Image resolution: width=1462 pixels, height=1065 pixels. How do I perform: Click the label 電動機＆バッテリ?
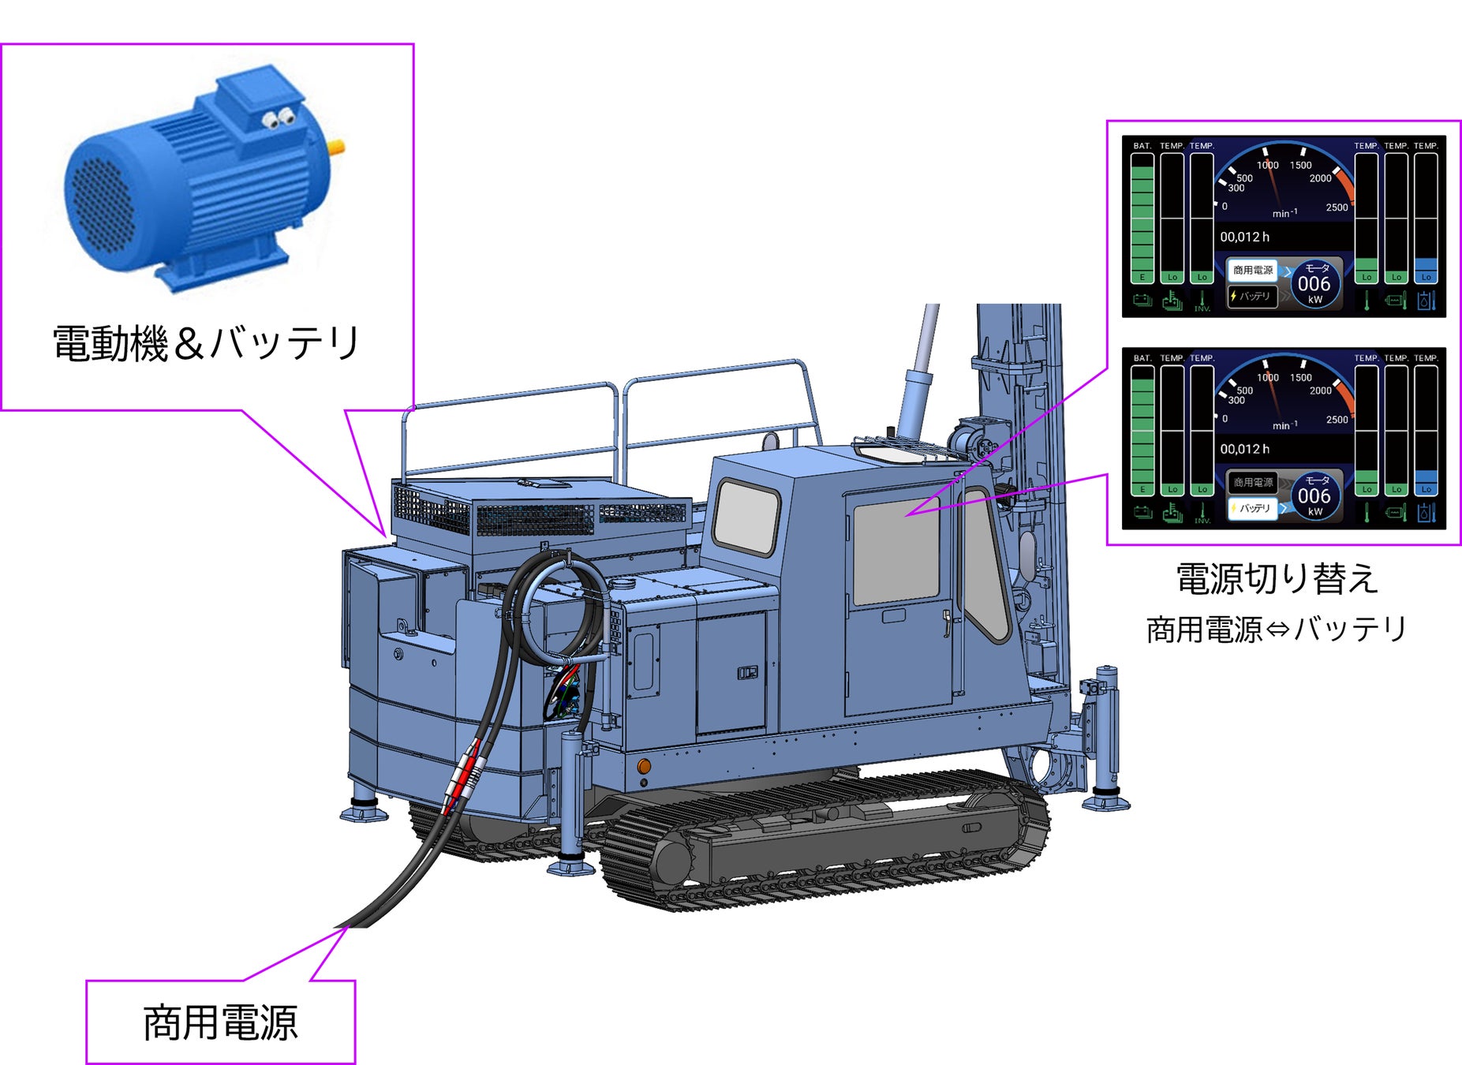[207, 343]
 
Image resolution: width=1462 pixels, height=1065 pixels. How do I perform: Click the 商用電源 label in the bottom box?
[220, 1022]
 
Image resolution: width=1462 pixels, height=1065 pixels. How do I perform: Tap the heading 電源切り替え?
[1276, 578]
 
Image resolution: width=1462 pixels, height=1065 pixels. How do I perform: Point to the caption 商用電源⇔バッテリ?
[1276, 630]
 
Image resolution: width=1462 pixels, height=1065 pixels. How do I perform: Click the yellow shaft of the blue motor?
[337, 146]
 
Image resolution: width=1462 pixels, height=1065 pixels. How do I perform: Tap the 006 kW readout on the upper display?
[1314, 285]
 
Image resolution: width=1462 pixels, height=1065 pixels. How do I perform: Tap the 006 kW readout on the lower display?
[1314, 497]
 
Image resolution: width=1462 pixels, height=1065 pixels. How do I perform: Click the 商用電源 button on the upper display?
[1253, 271]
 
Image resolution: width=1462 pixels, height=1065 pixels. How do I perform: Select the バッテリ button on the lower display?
[1253, 508]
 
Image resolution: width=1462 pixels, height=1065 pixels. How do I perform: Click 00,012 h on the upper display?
[1245, 237]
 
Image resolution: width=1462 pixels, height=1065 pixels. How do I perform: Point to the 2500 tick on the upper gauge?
[1337, 207]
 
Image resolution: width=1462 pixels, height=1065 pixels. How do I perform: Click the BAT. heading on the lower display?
[1142, 358]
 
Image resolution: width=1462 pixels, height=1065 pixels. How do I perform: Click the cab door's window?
[897, 551]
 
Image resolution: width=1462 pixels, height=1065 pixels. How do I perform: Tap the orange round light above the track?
[644, 766]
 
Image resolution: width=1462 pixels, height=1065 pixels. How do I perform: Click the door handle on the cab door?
[946, 622]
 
